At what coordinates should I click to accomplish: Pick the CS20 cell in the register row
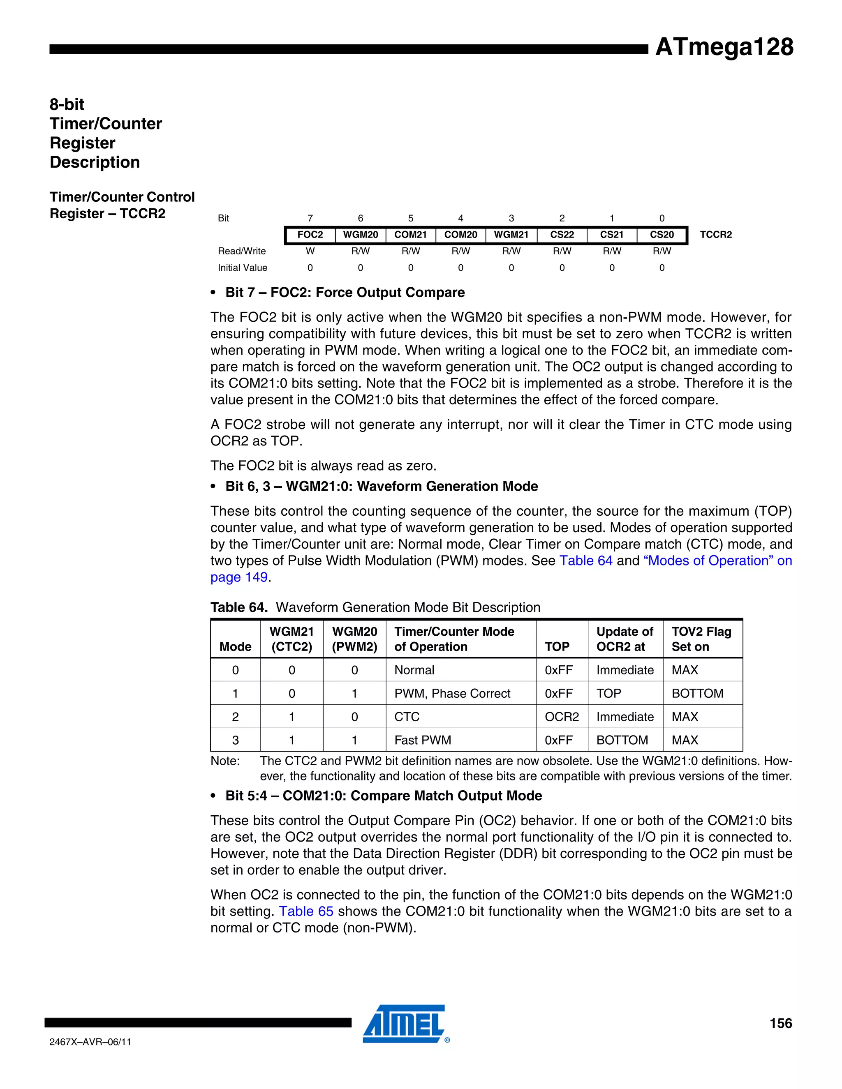662,235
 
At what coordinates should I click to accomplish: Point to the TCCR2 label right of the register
715,235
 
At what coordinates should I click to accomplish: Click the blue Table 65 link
306,911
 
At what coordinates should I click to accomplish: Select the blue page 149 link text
239,577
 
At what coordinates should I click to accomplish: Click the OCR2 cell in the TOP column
562,717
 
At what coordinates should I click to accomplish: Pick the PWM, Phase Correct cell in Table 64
452,694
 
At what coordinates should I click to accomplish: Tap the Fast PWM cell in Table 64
423,741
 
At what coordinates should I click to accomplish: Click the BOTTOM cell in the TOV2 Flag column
697,694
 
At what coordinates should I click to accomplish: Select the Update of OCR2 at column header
625,639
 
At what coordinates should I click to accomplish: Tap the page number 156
780,1024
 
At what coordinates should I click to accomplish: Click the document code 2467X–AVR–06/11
90,1042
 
